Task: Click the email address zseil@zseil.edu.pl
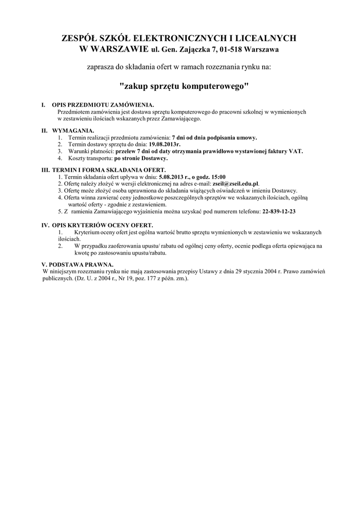point(235,183)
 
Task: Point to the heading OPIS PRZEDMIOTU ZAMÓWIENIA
point(103,105)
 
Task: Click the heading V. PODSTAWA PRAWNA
point(77,264)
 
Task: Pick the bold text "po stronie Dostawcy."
point(141,158)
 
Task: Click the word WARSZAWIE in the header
point(117,49)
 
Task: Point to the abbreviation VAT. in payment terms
point(295,151)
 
